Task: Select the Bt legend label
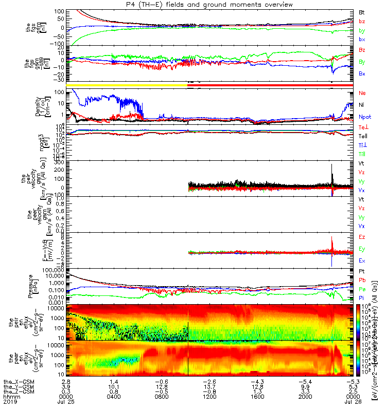click(x=362, y=12)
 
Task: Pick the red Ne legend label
click(x=362, y=94)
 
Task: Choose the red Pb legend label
click(x=362, y=281)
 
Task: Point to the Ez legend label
click(x=362, y=237)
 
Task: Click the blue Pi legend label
click(x=362, y=298)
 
